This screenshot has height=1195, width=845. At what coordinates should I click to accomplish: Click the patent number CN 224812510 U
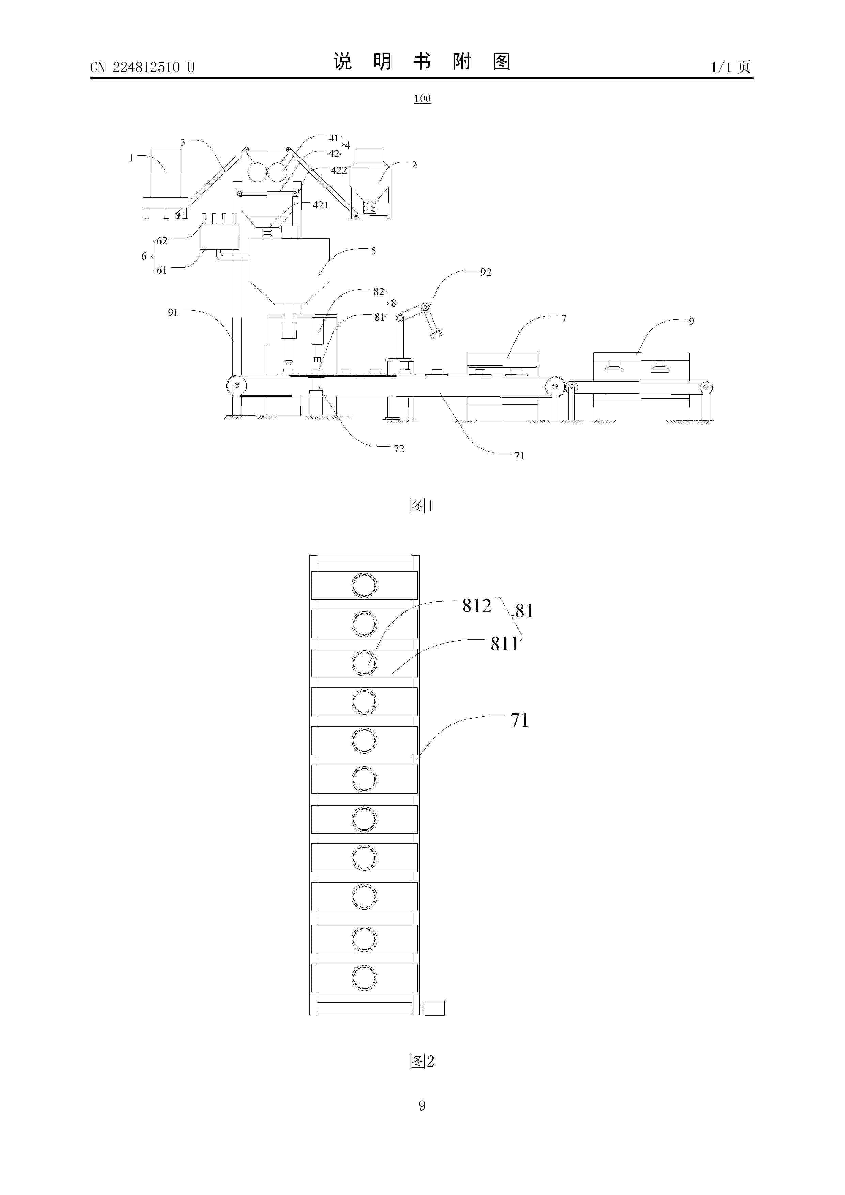tap(142, 67)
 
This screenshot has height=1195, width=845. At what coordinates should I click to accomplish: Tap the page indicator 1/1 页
tap(731, 67)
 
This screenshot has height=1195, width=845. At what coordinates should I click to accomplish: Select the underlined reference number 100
tap(422, 98)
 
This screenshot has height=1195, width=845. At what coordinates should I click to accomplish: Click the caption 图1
tap(422, 506)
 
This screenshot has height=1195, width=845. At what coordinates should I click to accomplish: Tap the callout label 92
tap(486, 272)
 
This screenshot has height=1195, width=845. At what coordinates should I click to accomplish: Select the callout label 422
tap(339, 170)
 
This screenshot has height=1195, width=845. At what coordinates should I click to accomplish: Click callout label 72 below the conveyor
tap(399, 449)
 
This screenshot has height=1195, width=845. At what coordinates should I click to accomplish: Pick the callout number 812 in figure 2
tap(476, 605)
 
